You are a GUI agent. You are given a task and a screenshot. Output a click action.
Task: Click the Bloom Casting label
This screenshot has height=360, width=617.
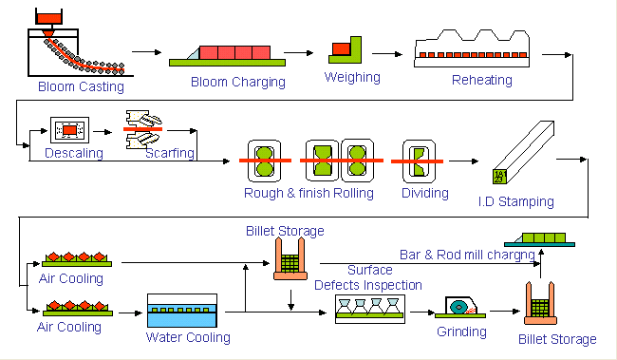81,86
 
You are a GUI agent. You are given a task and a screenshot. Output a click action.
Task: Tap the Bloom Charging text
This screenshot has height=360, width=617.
237,82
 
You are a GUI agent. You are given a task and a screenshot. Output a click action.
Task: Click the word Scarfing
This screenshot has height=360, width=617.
170,152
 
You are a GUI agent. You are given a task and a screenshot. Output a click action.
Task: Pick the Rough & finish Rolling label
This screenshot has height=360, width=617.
308,193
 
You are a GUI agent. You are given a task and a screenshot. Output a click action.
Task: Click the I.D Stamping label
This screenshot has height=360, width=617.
515,201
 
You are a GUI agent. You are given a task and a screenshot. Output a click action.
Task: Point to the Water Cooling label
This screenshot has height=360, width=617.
188,337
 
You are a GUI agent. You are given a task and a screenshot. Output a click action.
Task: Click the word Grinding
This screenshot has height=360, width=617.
461,332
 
